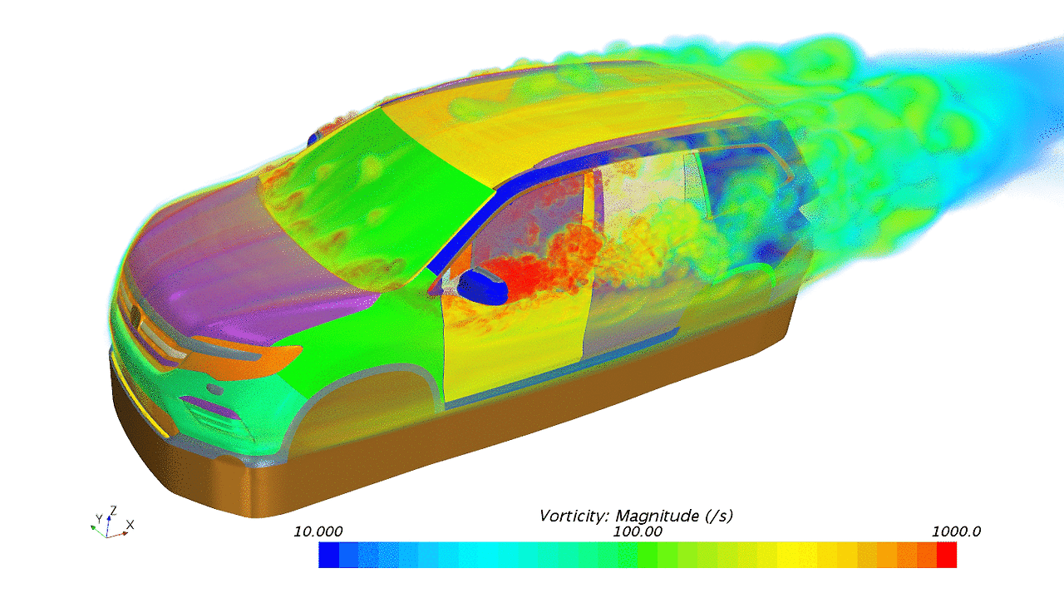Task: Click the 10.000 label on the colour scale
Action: coord(318,531)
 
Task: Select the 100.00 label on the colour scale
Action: coord(637,531)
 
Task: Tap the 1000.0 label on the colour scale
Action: coord(956,531)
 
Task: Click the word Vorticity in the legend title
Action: coord(574,516)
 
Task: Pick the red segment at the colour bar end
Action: coord(947,555)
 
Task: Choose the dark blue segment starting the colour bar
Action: coord(328,555)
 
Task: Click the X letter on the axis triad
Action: coord(130,525)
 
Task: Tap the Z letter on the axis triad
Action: coord(113,511)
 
